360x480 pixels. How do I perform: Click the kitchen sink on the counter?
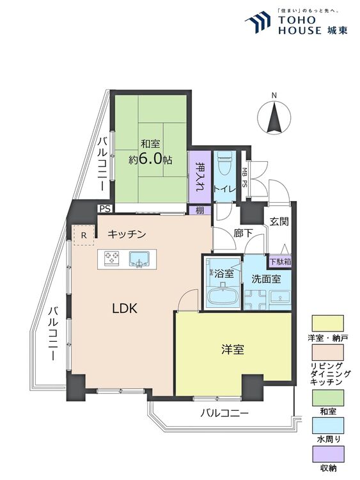click(139, 259)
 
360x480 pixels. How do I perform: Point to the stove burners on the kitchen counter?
click(112, 259)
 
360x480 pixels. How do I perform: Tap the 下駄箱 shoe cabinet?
click(279, 260)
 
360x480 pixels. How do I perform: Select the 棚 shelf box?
click(199, 209)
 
